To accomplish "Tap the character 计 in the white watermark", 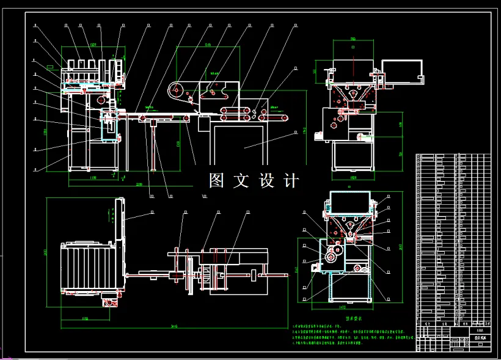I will [292, 180].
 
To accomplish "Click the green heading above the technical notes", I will [354, 318].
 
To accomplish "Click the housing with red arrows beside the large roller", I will [214, 92].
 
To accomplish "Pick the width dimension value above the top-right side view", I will [353, 40].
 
